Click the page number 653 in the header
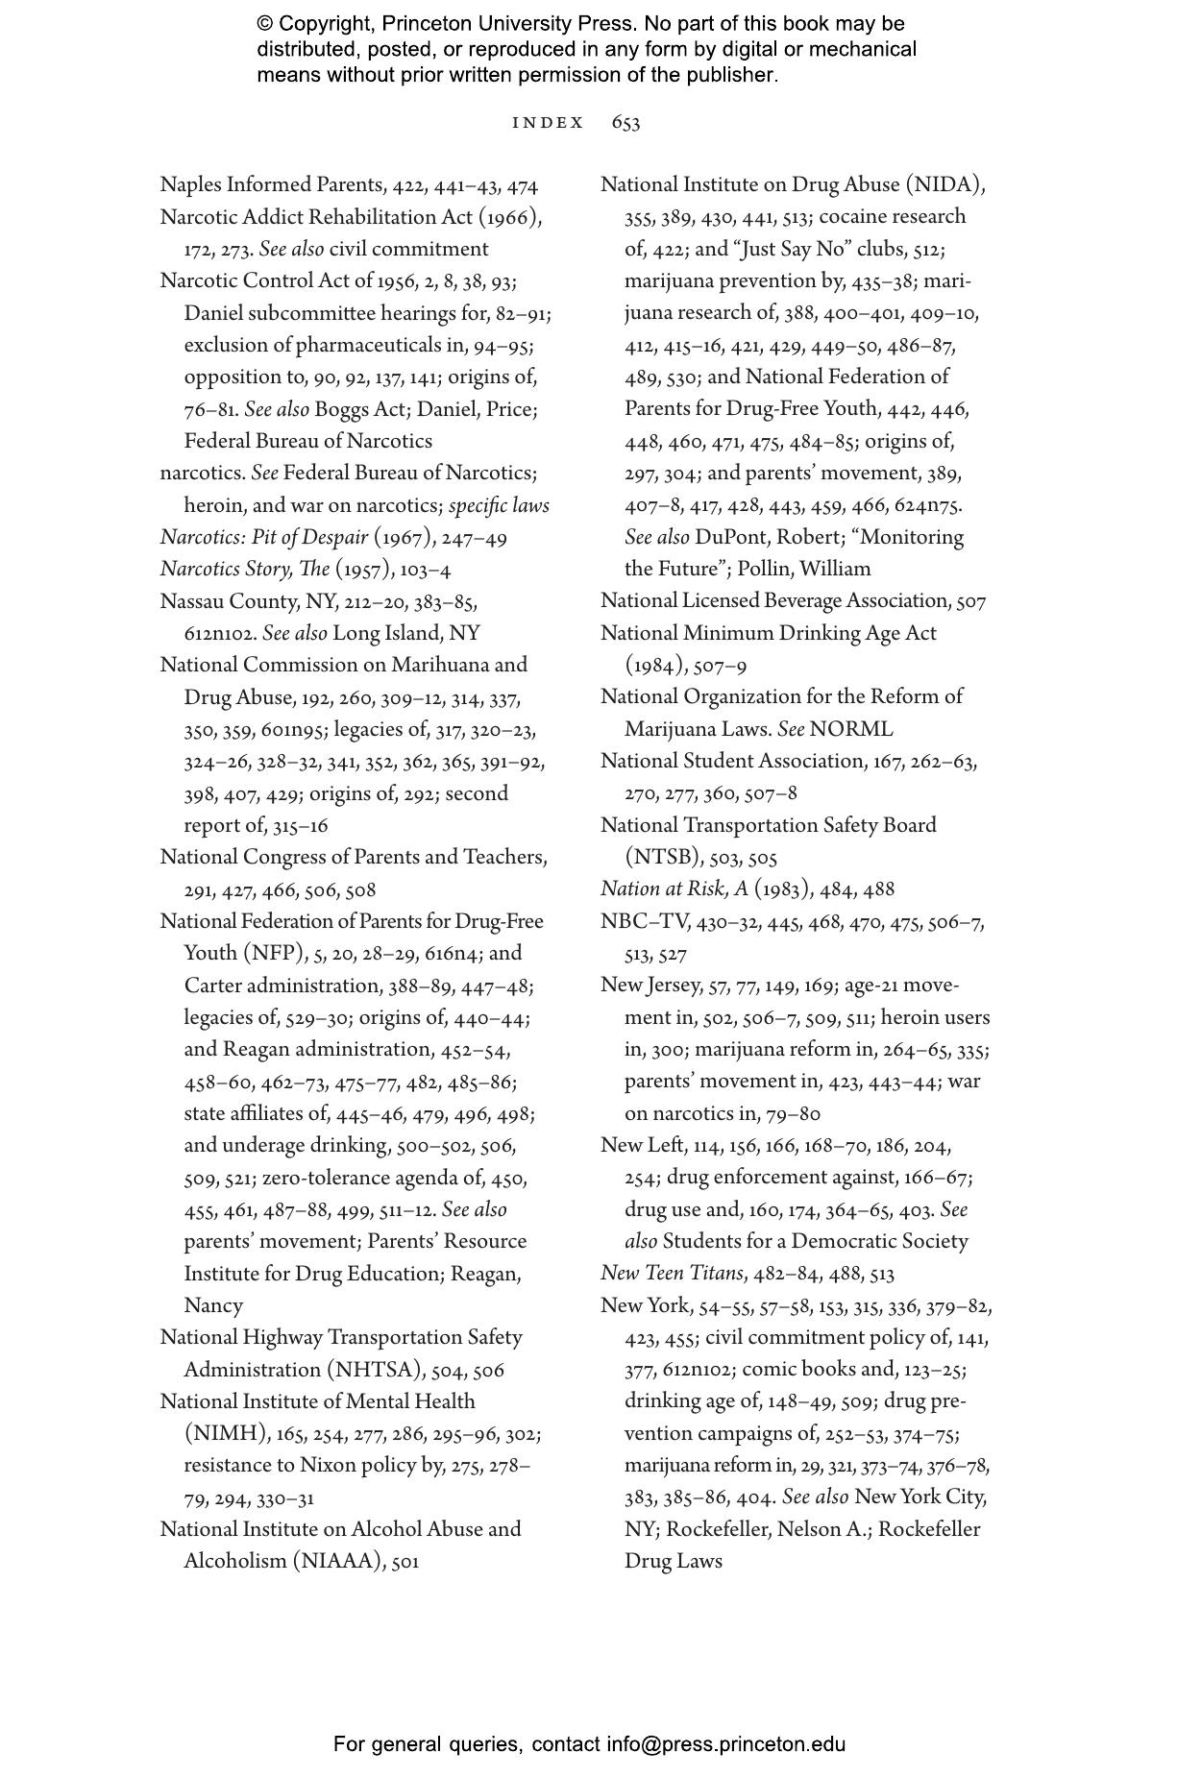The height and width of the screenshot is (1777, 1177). (625, 123)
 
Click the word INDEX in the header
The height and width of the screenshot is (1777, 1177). (548, 123)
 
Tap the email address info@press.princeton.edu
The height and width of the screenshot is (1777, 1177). (725, 1744)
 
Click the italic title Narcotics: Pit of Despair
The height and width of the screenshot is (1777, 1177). (263, 538)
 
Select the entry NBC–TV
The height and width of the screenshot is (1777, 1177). (645, 922)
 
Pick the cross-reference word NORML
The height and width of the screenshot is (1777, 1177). (851, 729)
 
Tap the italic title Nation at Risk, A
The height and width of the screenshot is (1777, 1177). (674, 889)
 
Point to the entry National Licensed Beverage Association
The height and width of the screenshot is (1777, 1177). (773, 601)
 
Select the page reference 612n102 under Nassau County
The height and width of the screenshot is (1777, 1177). (220, 634)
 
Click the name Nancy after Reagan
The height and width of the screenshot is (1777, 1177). (213, 1306)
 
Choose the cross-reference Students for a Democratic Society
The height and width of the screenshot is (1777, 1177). (815, 1242)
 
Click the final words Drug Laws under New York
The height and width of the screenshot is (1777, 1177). (673, 1562)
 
